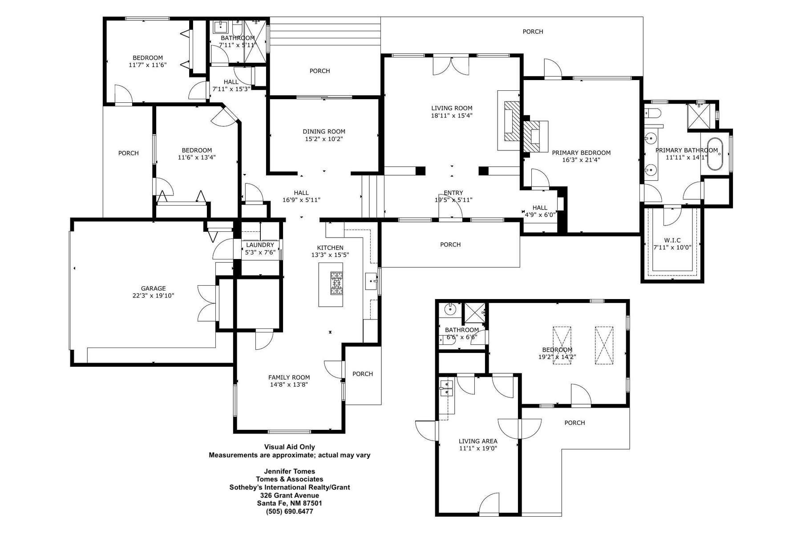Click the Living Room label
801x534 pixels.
[x=452, y=108]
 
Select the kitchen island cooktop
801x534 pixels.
[x=336, y=283]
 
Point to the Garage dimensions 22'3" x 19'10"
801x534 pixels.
[x=154, y=295]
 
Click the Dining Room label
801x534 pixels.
[x=324, y=131]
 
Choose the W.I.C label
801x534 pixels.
[x=673, y=240]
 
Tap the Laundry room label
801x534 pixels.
[x=260, y=245]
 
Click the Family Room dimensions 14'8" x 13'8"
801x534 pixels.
[x=289, y=384]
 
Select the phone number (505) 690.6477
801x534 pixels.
[x=290, y=511]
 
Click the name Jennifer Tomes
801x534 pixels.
[x=290, y=471]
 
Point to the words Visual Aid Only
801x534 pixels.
[x=290, y=447]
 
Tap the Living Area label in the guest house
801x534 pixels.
[x=478, y=441]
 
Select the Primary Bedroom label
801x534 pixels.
[x=581, y=153]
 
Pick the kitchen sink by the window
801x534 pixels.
[x=371, y=281]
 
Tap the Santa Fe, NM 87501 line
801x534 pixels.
[x=290, y=503]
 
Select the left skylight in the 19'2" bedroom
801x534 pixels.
[x=562, y=345]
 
